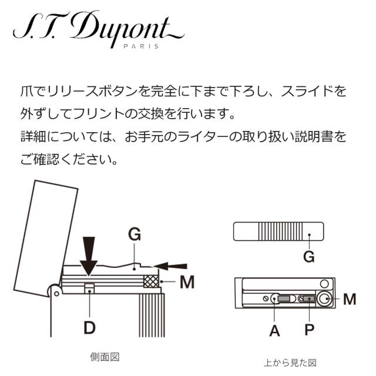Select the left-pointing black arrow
174,266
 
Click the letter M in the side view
187,283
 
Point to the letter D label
89,327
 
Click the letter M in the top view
350,300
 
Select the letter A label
274,330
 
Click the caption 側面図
105,357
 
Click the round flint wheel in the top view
324,300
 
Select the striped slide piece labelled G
279,231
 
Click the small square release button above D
89,287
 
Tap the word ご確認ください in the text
69,159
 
